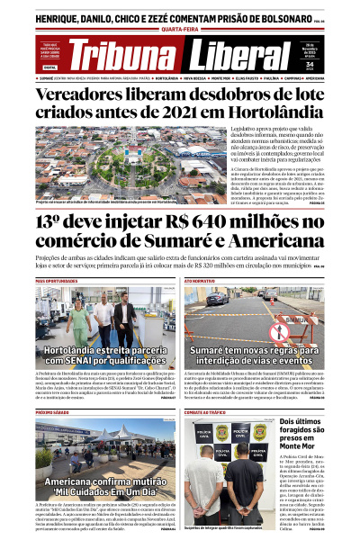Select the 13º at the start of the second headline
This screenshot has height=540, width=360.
52,224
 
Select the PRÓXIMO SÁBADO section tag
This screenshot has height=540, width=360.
52,411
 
